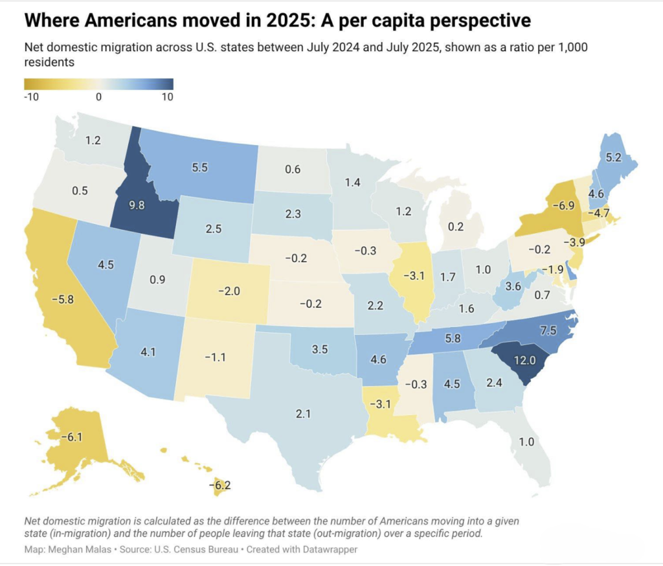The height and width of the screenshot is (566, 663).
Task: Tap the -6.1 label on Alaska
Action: [x=71, y=437]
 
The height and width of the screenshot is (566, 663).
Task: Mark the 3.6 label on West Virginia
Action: [x=513, y=286]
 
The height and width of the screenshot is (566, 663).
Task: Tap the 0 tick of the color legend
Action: [x=98, y=97]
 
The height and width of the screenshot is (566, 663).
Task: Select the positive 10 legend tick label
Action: [x=166, y=97]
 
